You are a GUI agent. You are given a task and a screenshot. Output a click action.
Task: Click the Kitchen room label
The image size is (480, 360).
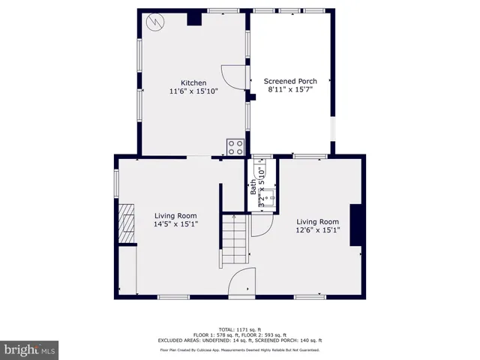click(193, 82)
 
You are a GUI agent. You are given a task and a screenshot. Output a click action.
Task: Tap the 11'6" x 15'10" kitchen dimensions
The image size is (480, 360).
click(193, 91)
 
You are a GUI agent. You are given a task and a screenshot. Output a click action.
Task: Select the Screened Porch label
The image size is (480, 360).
click(289, 81)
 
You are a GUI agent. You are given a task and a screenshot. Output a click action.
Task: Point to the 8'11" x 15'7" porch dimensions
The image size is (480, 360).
click(289, 90)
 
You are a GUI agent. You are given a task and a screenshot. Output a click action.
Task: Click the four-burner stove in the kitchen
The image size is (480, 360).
click(235, 147)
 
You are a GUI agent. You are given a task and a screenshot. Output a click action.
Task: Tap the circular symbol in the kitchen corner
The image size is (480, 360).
click(154, 22)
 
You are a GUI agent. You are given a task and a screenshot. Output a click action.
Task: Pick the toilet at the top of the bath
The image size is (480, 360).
click(260, 166)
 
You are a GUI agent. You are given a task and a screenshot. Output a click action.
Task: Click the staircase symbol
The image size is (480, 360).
click(234, 239)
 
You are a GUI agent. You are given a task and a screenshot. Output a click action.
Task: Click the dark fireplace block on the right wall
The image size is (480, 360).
click(356, 226)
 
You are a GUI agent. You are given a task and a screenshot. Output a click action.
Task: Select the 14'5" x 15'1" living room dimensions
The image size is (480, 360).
click(175, 224)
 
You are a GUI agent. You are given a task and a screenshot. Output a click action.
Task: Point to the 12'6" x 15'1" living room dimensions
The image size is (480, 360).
click(317, 230)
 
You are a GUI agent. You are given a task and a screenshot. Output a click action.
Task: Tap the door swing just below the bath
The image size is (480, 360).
click(261, 224)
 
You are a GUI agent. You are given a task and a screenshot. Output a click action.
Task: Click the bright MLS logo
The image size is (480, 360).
click(30, 349)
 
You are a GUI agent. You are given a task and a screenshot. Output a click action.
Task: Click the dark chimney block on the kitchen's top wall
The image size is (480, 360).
click(194, 18)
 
